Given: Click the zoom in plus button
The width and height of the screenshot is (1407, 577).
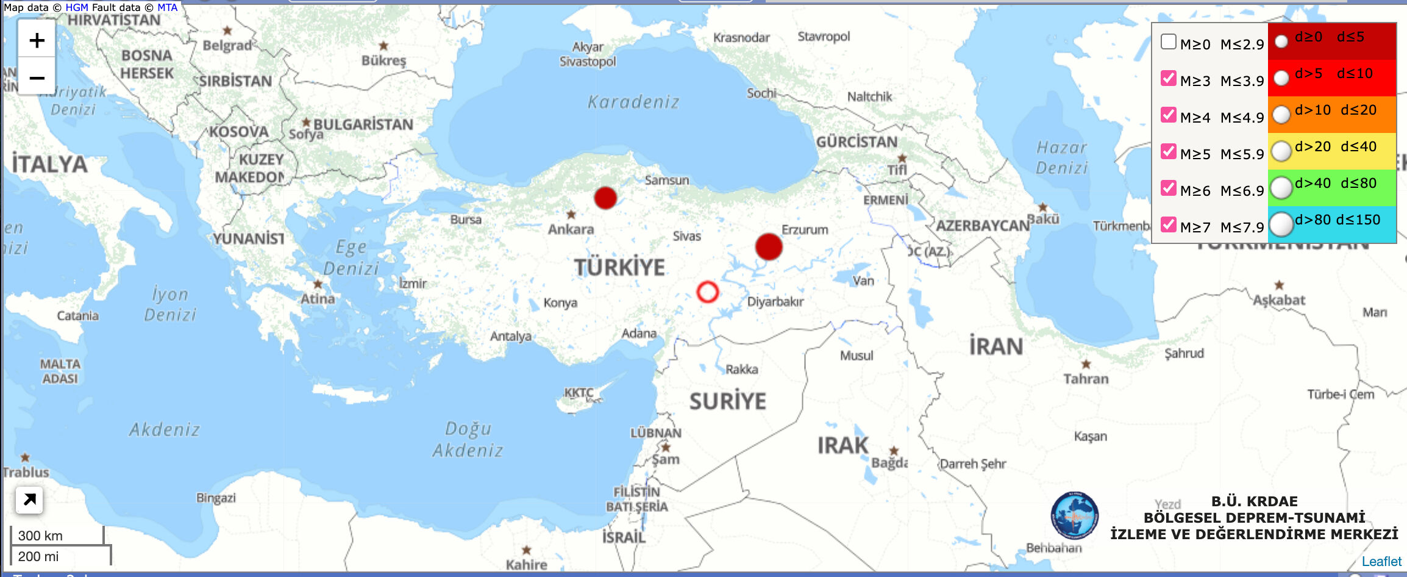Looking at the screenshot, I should click(37, 40).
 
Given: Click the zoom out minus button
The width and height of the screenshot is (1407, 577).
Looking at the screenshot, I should click(37, 77).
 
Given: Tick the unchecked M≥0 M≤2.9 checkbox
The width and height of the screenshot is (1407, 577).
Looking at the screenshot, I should click(1168, 41).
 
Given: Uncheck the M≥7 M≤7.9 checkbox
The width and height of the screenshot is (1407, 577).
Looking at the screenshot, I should click(1168, 224).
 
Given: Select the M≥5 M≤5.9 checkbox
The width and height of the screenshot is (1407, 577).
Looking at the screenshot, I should click(1168, 151).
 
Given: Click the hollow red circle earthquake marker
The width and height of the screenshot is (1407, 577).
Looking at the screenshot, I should click(707, 292).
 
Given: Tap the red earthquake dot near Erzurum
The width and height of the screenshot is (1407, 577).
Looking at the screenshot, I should click(768, 246).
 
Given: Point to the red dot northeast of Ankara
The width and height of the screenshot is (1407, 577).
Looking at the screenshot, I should click(605, 198).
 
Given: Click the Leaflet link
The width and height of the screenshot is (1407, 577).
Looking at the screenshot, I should click(1381, 561).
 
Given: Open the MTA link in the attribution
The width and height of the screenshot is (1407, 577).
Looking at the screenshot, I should click(167, 7).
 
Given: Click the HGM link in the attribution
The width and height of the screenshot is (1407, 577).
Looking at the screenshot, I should click(77, 7).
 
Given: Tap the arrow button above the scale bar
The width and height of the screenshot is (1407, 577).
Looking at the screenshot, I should click(29, 500).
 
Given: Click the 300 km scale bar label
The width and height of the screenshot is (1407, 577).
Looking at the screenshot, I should click(40, 536).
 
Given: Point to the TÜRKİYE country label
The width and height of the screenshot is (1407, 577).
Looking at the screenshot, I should click(619, 267).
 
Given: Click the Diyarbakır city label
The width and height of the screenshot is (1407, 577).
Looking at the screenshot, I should click(775, 301).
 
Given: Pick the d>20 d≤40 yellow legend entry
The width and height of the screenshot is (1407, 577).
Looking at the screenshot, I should click(1335, 147).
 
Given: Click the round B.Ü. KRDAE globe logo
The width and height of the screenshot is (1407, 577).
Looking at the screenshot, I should click(1074, 516).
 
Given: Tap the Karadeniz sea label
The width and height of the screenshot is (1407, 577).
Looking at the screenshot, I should click(633, 102).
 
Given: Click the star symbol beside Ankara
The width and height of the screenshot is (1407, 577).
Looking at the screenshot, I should click(571, 215).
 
